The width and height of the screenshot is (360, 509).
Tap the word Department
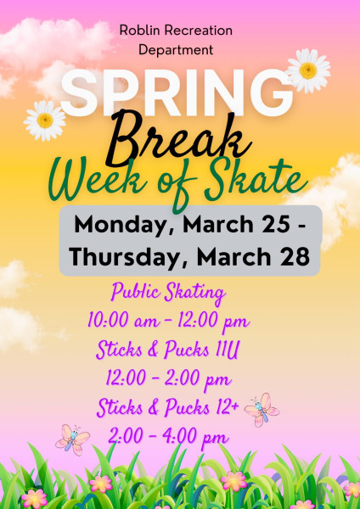click(x=176, y=50)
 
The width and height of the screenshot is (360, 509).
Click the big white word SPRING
click(x=177, y=92)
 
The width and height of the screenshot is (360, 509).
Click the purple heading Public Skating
click(x=168, y=293)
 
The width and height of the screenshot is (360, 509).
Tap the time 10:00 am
click(x=124, y=321)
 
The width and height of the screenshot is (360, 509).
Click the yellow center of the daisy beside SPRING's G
click(x=308, y=70)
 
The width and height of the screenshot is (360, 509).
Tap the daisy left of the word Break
click(x=45, y=120)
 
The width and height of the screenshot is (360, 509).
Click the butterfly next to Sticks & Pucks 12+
click(x=262, y=410)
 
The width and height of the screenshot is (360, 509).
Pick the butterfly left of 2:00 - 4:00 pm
click(x=72, y=439)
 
